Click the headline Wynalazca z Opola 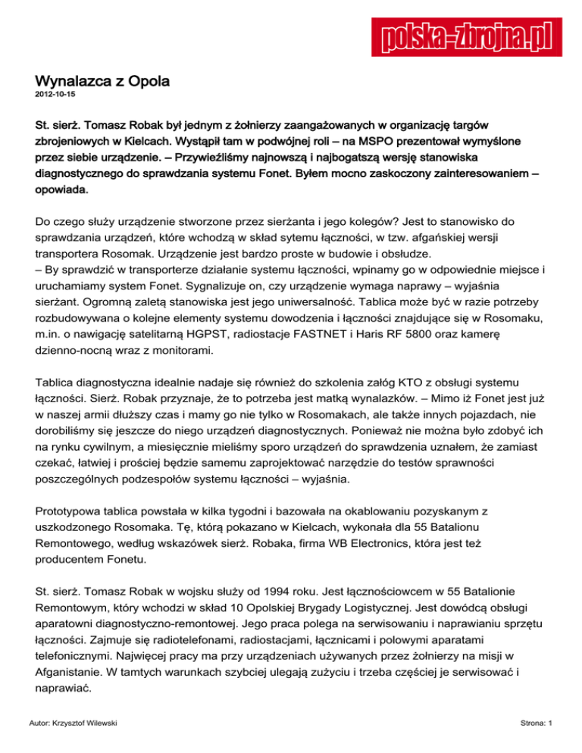(x=102, y=80)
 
